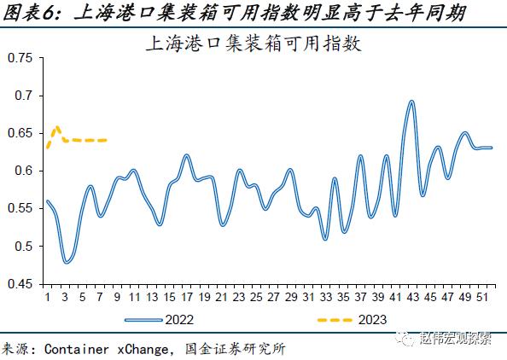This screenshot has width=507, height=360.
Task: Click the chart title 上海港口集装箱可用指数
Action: point(253,44)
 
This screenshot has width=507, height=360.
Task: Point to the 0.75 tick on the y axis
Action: point(20,58)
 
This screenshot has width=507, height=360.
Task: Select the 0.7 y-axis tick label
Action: point(24,96)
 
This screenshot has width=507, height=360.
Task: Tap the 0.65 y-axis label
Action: point(20,133)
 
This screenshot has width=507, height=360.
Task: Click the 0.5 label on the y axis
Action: point(24,247)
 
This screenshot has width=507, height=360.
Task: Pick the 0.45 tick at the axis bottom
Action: point(20,284)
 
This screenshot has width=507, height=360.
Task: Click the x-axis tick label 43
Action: point(412,297)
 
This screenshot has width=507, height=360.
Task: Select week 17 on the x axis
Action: point(187,297)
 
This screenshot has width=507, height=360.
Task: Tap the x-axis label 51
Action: point(482,297)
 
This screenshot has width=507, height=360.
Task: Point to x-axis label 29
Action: point(291,297)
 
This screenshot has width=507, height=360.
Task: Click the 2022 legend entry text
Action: point(179,320)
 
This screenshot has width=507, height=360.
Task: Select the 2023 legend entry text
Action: point(372,320)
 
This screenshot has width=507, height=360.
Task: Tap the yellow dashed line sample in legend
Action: point(335,320)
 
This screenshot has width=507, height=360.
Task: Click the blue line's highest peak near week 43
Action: point(411,102)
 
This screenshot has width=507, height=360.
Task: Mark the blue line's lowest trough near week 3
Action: point(67,263)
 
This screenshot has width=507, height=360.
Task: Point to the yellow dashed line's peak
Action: point(57,127)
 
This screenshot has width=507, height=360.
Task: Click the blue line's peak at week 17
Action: point(187,155)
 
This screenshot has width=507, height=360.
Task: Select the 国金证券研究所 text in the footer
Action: point(236,349)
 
